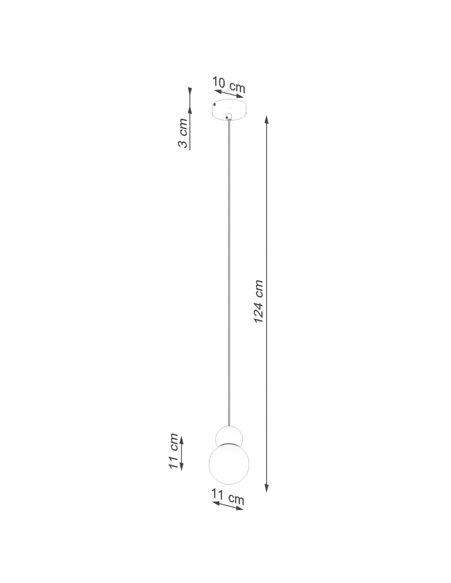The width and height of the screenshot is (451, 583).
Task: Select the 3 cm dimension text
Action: click(183, 133)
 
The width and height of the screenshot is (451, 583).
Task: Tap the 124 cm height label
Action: click(258, 301)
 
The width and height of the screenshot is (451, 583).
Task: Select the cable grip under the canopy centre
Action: click(228, 117)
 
